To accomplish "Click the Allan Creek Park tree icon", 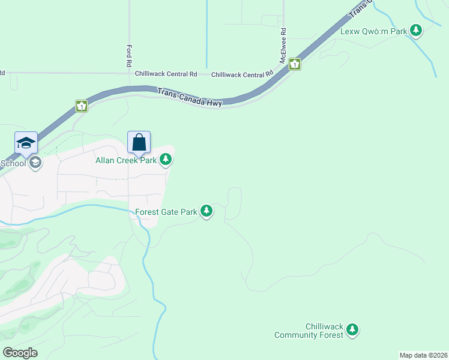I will pyautogui.click(x=166, y=160).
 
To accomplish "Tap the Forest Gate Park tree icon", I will pyautogui.click(x=206, y=211).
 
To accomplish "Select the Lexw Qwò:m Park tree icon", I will pyautogui.click(x=415, y=30).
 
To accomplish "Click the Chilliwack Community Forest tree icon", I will pyautogui.click(x=352, y=329).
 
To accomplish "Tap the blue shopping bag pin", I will pyautogui.click(x=139, y=143).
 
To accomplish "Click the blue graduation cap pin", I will pyautogui.click(x=26, y=143).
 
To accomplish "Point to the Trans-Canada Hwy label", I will pyautogui.click(x=190, y=97).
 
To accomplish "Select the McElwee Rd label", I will pyautogui.click(x=283, y=45).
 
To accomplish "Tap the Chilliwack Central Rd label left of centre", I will pyautogui.click(x=166, y=74).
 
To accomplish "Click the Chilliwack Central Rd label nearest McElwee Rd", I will pyautogui.click(x=242, y=74).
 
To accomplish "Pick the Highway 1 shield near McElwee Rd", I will pyautogui.click(x=294, y=64).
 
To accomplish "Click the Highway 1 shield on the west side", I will pyautogui.click(x=82, y=106).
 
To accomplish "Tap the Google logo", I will pyautogui.click(x=20, y=353).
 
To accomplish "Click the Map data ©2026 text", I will pyautogui.click(x=423, y=355).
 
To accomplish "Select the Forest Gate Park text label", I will pyautogui.click(x=166, y=212).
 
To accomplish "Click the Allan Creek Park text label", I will pyautogui.click(x=126, y=160).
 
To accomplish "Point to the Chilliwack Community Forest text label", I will pyautogui.click(x=309, y=330).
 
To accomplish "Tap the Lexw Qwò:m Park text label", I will pyautogui.click(x=374, y=31).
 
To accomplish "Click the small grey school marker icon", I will pyautogui.click(x=35, y=162).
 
